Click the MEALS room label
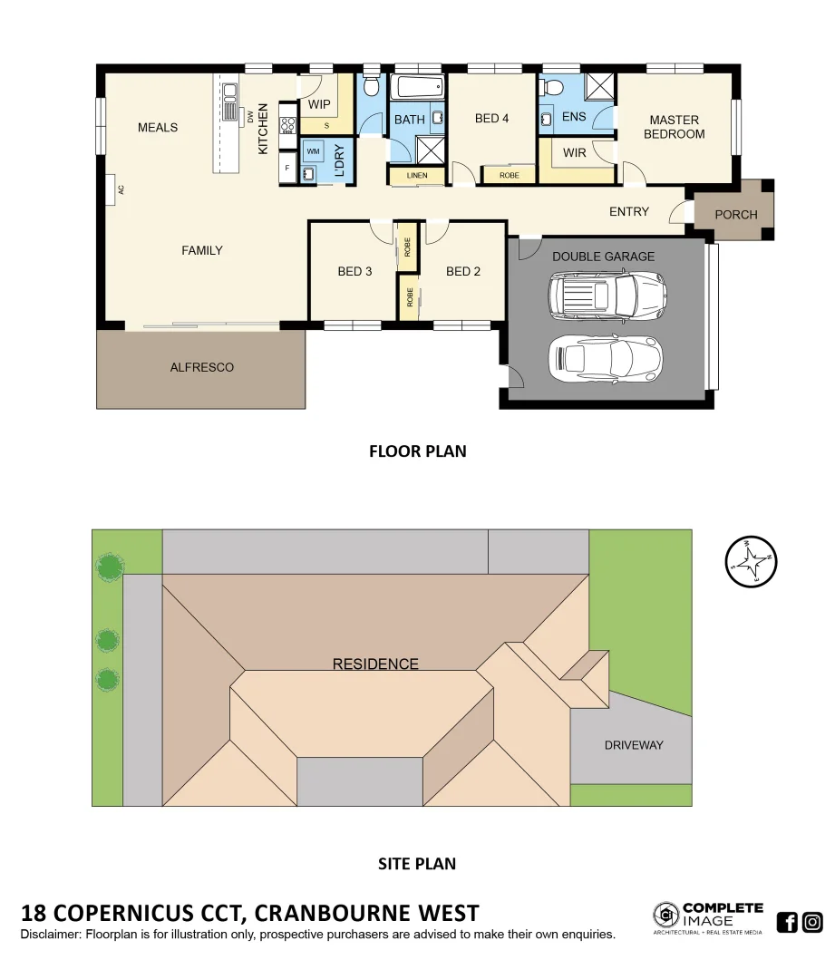coord(158,128)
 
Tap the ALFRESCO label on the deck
coord(202,367)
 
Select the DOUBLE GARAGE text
coord(603,257)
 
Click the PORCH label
coord(735,215)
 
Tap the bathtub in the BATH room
coord(417,88)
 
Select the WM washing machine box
coord(313,150)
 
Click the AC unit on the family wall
coord(111,190)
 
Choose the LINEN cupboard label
coord(416,175)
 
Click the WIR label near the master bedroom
coord(574,152)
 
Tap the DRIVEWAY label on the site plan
coord(634,745)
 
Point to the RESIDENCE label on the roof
coord(375,664)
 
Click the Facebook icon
coord(787,923)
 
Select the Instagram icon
coord(812,923)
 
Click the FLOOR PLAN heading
coord(417,451)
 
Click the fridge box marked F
coord(287,169)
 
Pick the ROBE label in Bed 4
coord(510,175)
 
